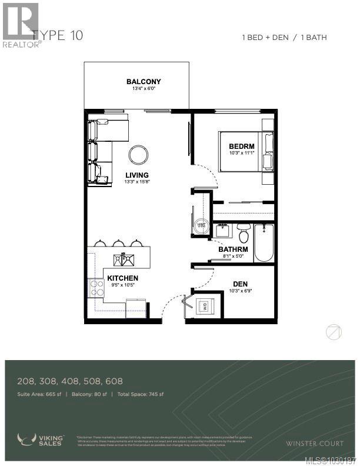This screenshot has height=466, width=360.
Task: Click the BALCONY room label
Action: click(x=144, y=82)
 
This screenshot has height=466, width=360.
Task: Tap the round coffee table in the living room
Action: click(x=139, y=155)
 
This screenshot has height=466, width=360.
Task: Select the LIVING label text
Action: click(x=136, y=175)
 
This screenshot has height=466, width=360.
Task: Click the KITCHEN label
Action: click(x=123, y=278)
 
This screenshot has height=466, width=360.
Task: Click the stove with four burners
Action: click(x=95, y=287)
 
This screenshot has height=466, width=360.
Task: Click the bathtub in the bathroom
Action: click(x=264, y=243)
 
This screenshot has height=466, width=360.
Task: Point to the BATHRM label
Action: click(x=233, y=249)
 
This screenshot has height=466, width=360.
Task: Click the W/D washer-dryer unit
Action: click(x=205, y=306)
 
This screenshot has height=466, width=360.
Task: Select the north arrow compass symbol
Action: click(x=334, y=332)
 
